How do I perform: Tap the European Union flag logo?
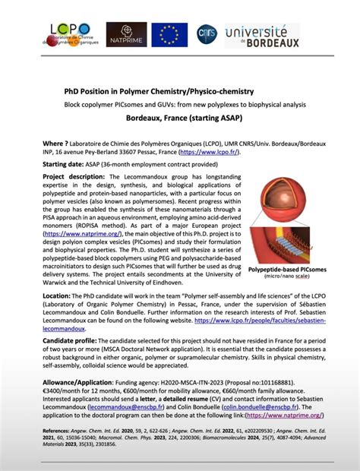coord(169,34)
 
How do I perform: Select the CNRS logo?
coord(206,33)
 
